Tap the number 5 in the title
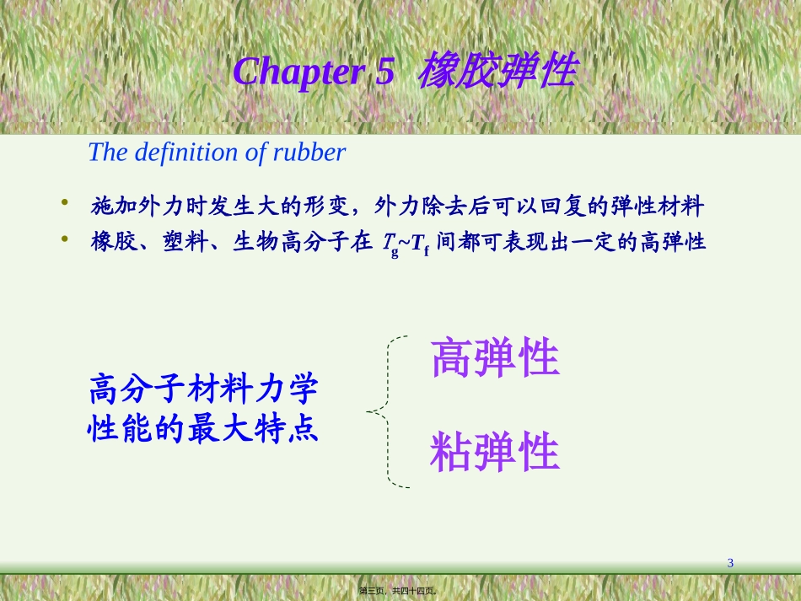384,72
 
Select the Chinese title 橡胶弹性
497,71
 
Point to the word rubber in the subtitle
309,153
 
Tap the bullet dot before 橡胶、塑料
64,240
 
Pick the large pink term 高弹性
495,359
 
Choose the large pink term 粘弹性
495,453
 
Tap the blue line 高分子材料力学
203,391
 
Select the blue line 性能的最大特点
203,430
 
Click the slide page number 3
730,563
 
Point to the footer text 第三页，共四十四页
400,591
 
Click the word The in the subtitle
105,153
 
